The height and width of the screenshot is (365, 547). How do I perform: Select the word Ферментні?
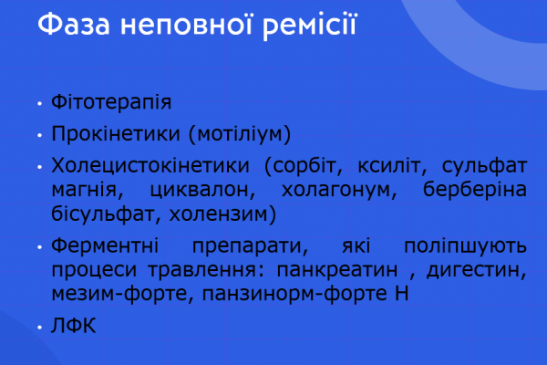[x=105, y=246]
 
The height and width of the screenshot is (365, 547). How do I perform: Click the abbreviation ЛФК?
[x=72, y=326]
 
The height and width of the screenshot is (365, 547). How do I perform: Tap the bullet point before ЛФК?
[x=39, y=327]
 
